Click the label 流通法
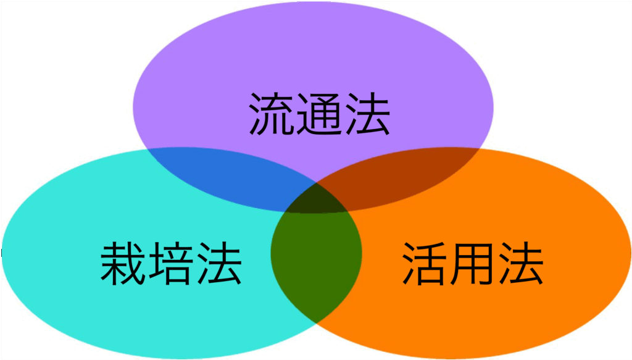tap(319, 115)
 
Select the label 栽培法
tap(171, 264)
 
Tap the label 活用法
tap(473, 264)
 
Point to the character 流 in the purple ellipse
tap(272, 115)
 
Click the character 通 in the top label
tap(319, 115)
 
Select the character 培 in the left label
tap(171, 264)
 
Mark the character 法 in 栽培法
tap(218, 264)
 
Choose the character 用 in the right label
tap(473, 264)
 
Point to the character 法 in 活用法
tap(520, 264)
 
